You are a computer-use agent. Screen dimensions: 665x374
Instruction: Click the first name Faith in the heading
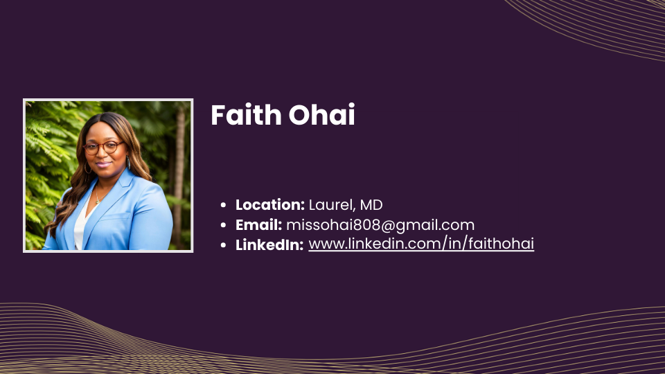coord(246,115)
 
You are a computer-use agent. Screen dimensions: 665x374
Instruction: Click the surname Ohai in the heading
coord(322,115)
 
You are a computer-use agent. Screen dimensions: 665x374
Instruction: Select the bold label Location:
coord(270,205)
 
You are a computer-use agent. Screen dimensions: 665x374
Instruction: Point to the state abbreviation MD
coord(371,205)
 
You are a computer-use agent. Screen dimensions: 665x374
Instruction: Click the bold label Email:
coord(258,224)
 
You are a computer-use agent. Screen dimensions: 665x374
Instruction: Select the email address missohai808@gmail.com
coord(380,225)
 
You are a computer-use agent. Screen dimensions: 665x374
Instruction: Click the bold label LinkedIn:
coord(269,245)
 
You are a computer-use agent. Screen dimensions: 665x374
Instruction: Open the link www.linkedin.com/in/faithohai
coord(421,244)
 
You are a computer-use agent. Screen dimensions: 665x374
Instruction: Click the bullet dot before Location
coord(224,205)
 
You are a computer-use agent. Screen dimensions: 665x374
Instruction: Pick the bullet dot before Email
coord(224,225)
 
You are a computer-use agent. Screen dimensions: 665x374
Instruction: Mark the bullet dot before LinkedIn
coord(224,245)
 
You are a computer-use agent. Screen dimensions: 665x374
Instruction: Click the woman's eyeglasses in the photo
coord(103,147)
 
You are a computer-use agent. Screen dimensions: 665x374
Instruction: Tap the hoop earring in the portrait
coord(88,168)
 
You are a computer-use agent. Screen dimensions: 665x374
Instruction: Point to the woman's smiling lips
coord(103,164)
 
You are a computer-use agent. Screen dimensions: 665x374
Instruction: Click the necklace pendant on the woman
coord(98,201)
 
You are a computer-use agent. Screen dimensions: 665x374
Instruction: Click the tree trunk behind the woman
coord(179,174)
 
